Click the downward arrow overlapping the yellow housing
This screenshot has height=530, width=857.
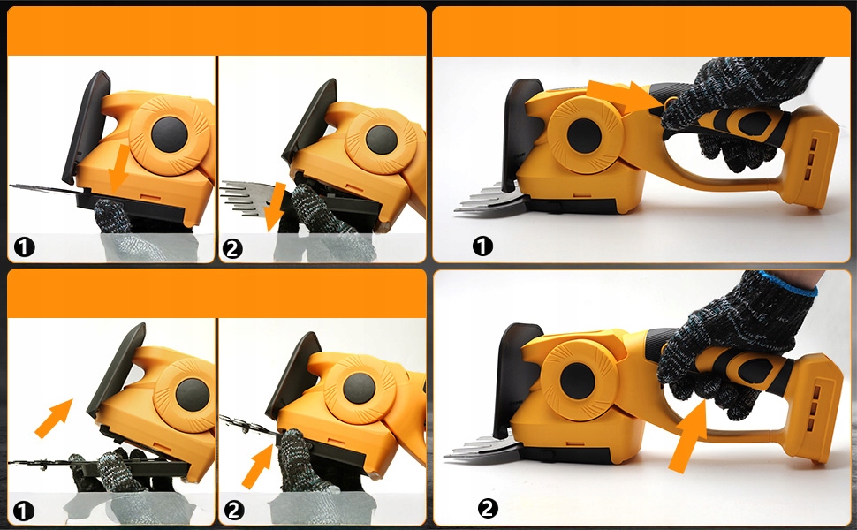coord(118,167)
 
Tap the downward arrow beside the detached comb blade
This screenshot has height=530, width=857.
coord(276,207)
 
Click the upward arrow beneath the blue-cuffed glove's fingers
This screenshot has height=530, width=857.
coord(687,435)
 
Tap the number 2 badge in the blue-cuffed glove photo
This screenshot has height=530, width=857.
coord(488,508)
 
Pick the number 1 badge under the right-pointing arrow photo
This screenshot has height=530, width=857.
coord(482,246)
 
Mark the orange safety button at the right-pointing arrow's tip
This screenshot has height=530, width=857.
coord(669,102)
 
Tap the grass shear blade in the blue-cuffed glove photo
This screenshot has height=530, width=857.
coord(483,448)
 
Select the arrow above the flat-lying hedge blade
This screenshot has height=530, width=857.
coord(54,418)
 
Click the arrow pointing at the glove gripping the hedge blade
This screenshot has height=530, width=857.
coord(257,466)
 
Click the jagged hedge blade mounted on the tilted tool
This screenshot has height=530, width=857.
coord(249,425)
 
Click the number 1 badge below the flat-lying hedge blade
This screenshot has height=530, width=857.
coord(24,511)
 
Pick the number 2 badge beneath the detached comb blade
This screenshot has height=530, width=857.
coord(233,249)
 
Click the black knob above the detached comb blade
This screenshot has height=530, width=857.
coord(382,140)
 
